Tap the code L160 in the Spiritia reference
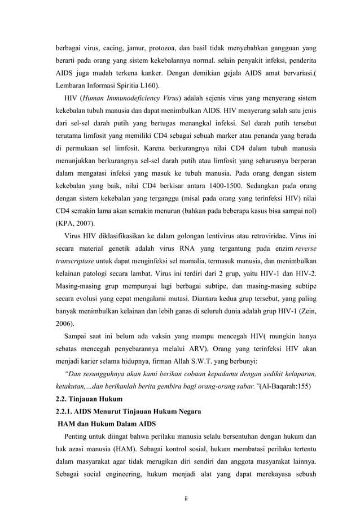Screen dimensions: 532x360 tap(148, 86)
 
